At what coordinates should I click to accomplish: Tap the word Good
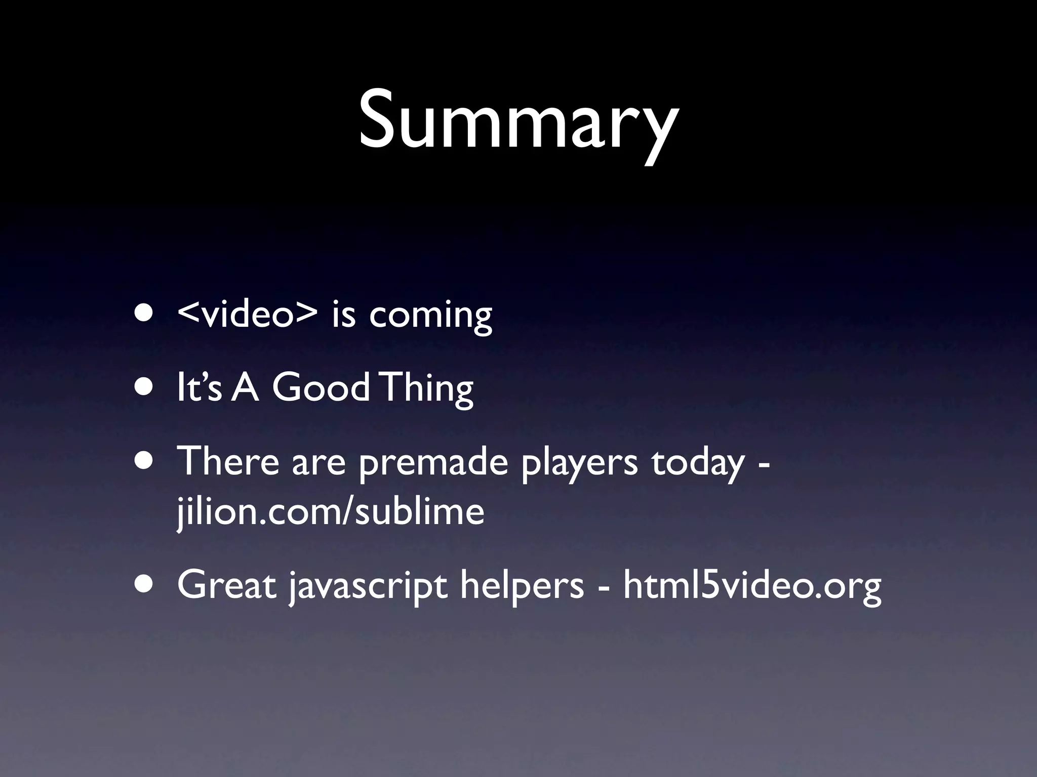[x=321, y=388]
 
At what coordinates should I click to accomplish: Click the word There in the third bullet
[x=228, y=461]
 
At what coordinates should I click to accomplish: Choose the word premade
[x=433, y=463]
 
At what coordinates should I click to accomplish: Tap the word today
[x=698, y=463]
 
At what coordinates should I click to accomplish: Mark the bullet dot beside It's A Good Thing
[x=145, y=387]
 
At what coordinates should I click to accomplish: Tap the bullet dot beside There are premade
[x=145, y=461]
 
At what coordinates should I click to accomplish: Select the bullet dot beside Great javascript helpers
[x=145, y=584]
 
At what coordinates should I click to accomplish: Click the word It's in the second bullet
[x=199, y=388]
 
